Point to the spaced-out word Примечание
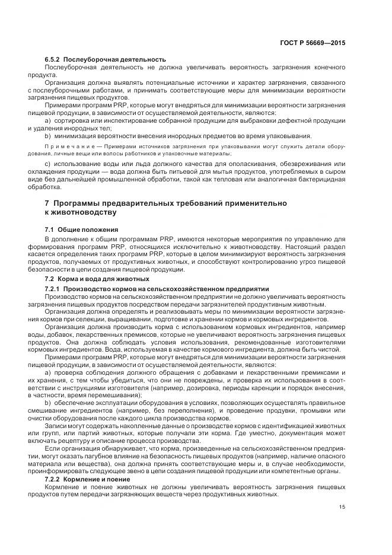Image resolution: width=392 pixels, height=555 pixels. click(x=67, y=146)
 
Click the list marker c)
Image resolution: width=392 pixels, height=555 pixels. click(x=48, y=163)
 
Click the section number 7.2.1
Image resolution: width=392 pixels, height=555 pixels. click(x=53, y=288)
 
